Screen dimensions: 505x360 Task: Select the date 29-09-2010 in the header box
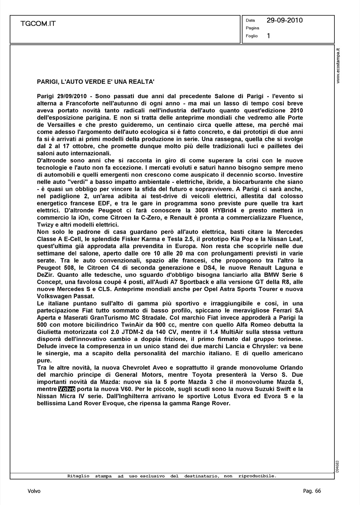point(284,21)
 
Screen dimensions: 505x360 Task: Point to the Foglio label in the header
point(252,36)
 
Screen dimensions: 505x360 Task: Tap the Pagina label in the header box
point(252,28)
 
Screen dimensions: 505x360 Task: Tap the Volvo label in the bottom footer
point(34,491)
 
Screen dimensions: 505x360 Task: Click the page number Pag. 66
point(312,491)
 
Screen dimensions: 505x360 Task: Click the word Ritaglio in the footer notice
point(78,476)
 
